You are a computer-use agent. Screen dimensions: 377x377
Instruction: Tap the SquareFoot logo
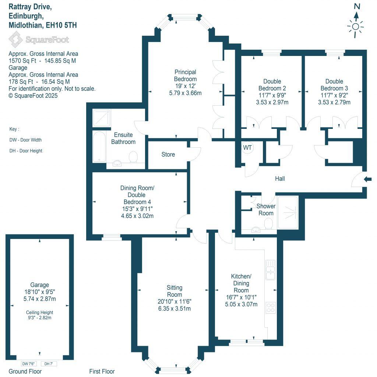pos(39,39)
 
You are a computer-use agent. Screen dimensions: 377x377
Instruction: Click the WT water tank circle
pos(247,148)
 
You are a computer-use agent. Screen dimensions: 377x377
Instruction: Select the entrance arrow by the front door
pos(368,179)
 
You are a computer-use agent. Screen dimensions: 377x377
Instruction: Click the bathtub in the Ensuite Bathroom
pos(99,147)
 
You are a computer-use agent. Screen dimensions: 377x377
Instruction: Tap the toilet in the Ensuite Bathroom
pos(133,158)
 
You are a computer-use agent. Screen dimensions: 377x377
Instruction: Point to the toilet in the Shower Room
pos(268,223)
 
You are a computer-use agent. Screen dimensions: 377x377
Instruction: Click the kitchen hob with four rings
pos(271,307)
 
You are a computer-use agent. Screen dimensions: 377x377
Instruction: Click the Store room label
pos(168,154)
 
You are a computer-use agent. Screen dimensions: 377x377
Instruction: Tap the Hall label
pos(280,179)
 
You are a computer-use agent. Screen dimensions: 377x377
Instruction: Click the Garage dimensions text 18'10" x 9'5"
pos(39,292)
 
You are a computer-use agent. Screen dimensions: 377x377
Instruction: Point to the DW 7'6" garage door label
pos(30,364)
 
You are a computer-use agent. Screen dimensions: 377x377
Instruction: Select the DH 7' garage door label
pos(49,364)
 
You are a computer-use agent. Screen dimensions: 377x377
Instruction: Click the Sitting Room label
pos(174,291)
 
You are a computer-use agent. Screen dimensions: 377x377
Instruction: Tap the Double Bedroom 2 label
pos(272,85)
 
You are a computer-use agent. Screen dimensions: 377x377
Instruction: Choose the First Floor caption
pos(102,371)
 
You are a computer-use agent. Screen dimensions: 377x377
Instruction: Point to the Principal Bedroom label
pos(185,75)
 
